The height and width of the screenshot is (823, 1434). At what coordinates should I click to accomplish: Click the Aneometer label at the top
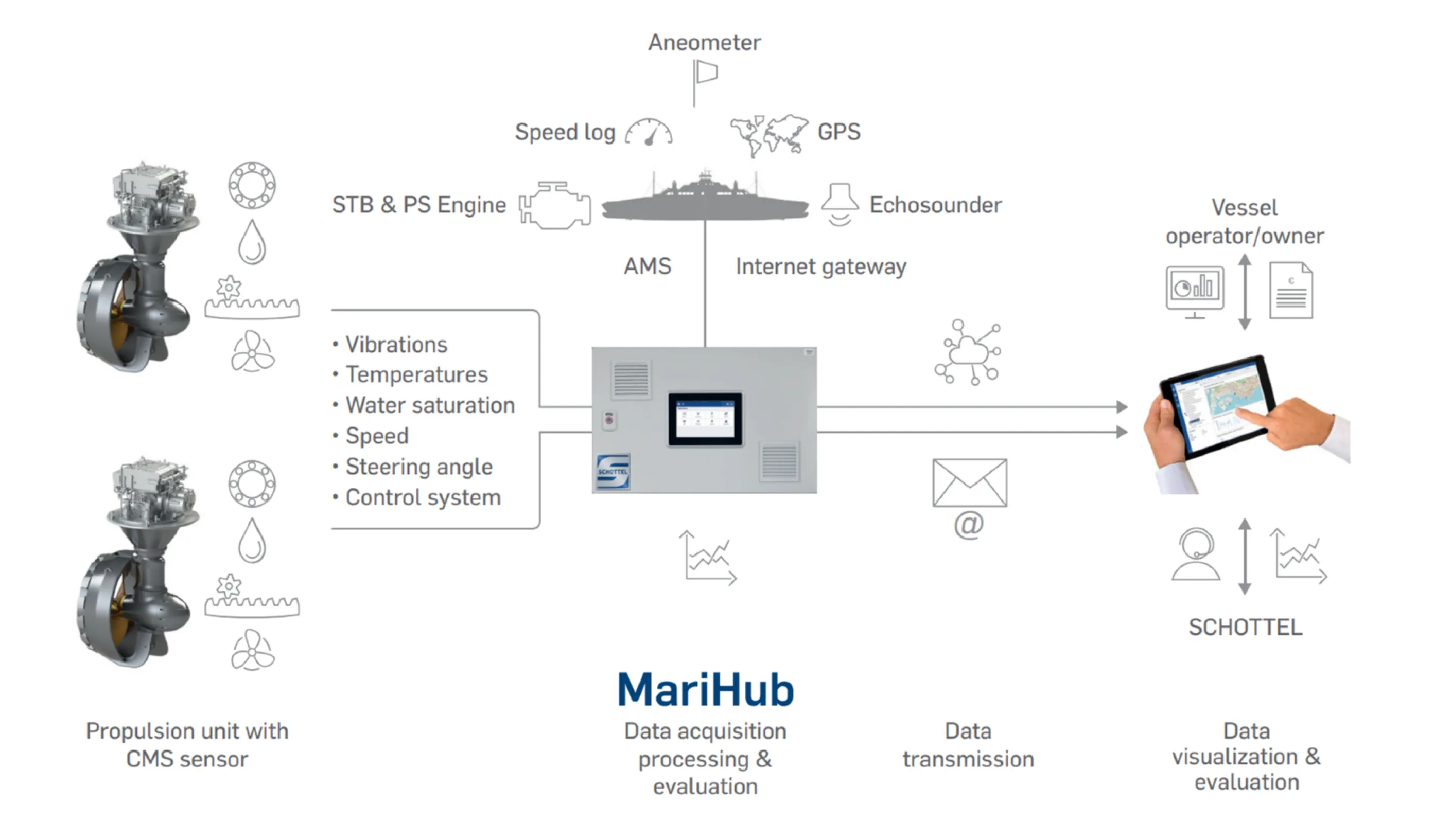click(x=704, y=42)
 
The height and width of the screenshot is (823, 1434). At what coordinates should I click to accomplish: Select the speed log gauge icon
click(x=649, y=133)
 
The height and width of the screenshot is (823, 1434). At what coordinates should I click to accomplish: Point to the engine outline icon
click(x=555, y=206)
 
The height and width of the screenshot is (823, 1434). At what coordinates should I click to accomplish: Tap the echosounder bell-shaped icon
click(x=839, y=204)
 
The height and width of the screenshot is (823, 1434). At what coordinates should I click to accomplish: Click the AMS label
click(x=648, y=266)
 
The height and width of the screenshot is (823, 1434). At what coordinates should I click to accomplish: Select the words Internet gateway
click(x=820, y=266)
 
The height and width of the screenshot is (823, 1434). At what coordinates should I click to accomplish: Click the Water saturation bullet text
click(x=430, y=405)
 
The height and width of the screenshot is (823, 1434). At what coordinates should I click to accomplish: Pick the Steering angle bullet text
click(x=419, y=467)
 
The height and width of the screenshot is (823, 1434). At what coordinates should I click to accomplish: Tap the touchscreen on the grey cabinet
click(x=705, y=419)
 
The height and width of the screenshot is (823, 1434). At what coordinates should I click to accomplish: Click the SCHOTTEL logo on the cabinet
click(x=613, y=471)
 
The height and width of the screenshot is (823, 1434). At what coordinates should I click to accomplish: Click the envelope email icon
click(x=969, y=482)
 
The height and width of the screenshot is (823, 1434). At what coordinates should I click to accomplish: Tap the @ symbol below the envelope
click(x=969, y=525)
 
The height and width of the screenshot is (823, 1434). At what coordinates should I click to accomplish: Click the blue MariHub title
click(x=706, y=689)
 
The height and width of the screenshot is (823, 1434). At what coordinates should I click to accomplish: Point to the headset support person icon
click(x=1195, y=554)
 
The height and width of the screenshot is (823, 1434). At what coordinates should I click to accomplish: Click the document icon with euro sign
click(x=1291, y=291)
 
